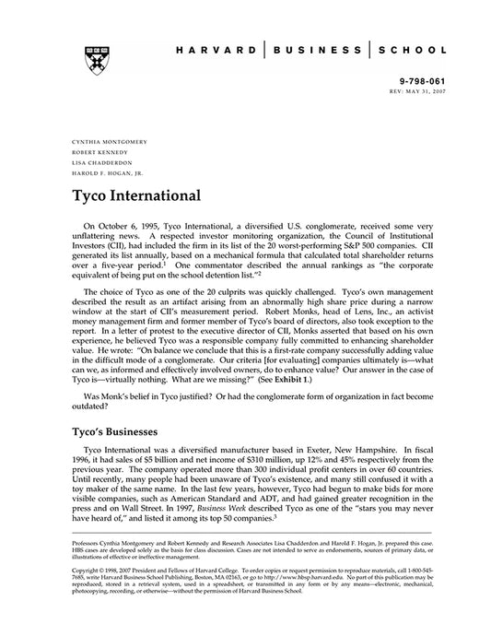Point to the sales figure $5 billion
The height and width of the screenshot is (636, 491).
coord(146,461)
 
